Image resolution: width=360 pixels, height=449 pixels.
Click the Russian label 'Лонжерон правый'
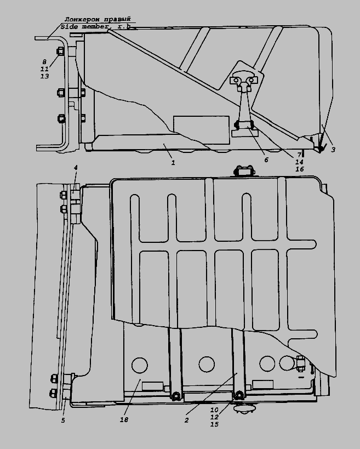tap(98, 20)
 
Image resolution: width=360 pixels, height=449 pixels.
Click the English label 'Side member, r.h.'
tap(96, 27)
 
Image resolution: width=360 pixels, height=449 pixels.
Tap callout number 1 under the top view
tap(173, 163)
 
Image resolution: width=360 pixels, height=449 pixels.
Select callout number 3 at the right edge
tap(333, 150)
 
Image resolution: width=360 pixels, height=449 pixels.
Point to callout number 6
tap(266, 160)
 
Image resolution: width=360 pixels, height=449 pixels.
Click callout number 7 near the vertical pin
tap(299, 155)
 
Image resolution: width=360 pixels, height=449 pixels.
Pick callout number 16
tap(299, 169)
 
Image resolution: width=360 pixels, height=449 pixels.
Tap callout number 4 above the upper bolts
tap(76, 168)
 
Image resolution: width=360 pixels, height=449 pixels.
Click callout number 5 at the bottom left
tap(63, 420)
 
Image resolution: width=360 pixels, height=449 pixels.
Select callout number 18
tap(124, 419)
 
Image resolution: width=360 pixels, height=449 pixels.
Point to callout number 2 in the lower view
tap(187, 420)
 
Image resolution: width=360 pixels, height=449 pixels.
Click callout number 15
tap(214, 424)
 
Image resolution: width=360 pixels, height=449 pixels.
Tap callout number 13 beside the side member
tap(44, 76)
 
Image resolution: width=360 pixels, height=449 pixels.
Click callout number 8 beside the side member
tap(44, 62)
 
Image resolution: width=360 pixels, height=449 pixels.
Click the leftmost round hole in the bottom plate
tap(139, 365)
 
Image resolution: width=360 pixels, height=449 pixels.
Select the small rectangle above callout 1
tap(201, 130)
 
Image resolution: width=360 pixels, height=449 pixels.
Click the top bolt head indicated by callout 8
tap(60, 51)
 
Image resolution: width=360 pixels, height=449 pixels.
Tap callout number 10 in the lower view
tap(214, 410)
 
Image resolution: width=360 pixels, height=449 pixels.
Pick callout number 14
tap(299, 162)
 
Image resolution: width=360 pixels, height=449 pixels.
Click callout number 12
tap(214, 417)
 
